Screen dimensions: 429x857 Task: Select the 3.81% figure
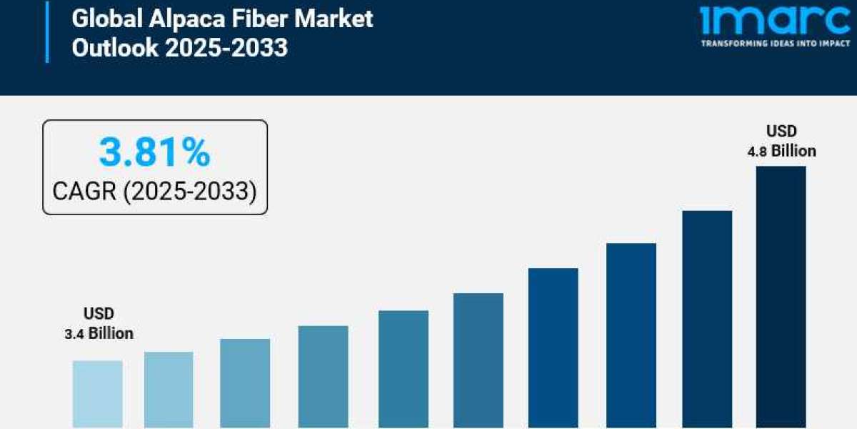pos(155,152)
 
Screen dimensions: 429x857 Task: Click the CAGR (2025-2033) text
pos(155,191)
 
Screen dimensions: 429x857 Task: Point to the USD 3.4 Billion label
pos(99,324)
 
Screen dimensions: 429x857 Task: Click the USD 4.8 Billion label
pos(781,141)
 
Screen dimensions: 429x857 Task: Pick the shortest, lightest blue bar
pos(97,393)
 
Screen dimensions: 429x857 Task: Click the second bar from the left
pos(169,390)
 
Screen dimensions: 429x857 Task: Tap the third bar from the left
pos(245,383)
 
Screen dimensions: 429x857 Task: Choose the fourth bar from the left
pos(323,377)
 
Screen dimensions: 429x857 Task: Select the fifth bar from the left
pos(404,369)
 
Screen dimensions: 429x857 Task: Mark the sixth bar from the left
pos(478,360)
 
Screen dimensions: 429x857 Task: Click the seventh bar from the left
pos(553,348)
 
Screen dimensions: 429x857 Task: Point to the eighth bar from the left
pos(631,335)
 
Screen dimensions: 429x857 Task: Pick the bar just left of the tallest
pos(707,319)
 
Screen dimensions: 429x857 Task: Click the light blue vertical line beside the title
pos(47,31)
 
